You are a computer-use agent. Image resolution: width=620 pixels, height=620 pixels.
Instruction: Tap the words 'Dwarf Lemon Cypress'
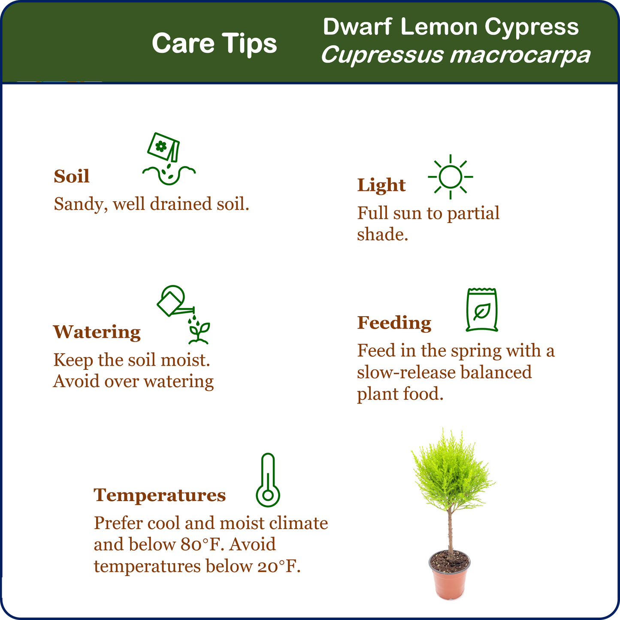451,27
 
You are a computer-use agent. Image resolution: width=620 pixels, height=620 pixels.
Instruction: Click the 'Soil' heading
71,176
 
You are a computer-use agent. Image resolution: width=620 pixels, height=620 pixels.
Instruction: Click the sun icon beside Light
451,177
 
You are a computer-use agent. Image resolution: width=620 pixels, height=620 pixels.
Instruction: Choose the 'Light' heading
381,185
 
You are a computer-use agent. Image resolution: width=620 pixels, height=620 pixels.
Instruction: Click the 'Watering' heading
97,333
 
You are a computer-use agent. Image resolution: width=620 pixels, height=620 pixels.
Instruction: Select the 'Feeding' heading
394,323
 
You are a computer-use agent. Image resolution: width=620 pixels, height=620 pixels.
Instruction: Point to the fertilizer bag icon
482,309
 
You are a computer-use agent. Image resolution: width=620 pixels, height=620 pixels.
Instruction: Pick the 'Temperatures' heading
160,495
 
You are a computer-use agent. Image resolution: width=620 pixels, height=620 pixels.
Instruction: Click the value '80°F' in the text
202,545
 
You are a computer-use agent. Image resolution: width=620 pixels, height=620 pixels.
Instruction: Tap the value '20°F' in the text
278,567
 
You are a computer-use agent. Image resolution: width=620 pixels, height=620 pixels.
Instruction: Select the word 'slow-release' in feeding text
406,372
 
